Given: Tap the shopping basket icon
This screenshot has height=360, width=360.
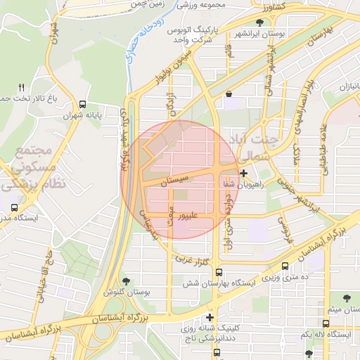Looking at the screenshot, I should [229, 94].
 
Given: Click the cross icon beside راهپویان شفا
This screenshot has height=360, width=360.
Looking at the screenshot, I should [244, 173].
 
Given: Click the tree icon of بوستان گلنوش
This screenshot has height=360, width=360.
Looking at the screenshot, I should [127, 281].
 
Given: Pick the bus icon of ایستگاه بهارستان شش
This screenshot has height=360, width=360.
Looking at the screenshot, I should [219, 272].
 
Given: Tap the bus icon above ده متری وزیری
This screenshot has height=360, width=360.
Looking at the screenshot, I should [285, 266].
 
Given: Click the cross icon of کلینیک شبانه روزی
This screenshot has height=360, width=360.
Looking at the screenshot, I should [210, 317].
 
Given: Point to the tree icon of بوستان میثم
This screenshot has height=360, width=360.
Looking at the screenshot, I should [347, 299].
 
